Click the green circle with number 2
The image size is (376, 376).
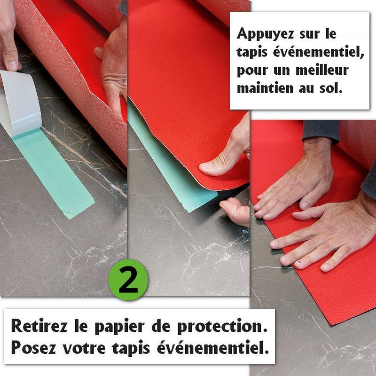click(128, 280)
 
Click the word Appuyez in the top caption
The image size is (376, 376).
click(265, 34)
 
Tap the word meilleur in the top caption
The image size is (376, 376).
click(322, 70)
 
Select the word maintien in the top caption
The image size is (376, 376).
click(265, 88)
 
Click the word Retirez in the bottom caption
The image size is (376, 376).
click(39, 326)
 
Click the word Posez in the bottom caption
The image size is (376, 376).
click(33, 347)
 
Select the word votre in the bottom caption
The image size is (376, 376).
click(84, 348)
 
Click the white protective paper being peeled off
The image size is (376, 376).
click(20, 103)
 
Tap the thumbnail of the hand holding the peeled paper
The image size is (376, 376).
click(12, 65)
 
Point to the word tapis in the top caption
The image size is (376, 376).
click(252, 53)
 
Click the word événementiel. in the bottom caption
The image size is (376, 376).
click(213, 347)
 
